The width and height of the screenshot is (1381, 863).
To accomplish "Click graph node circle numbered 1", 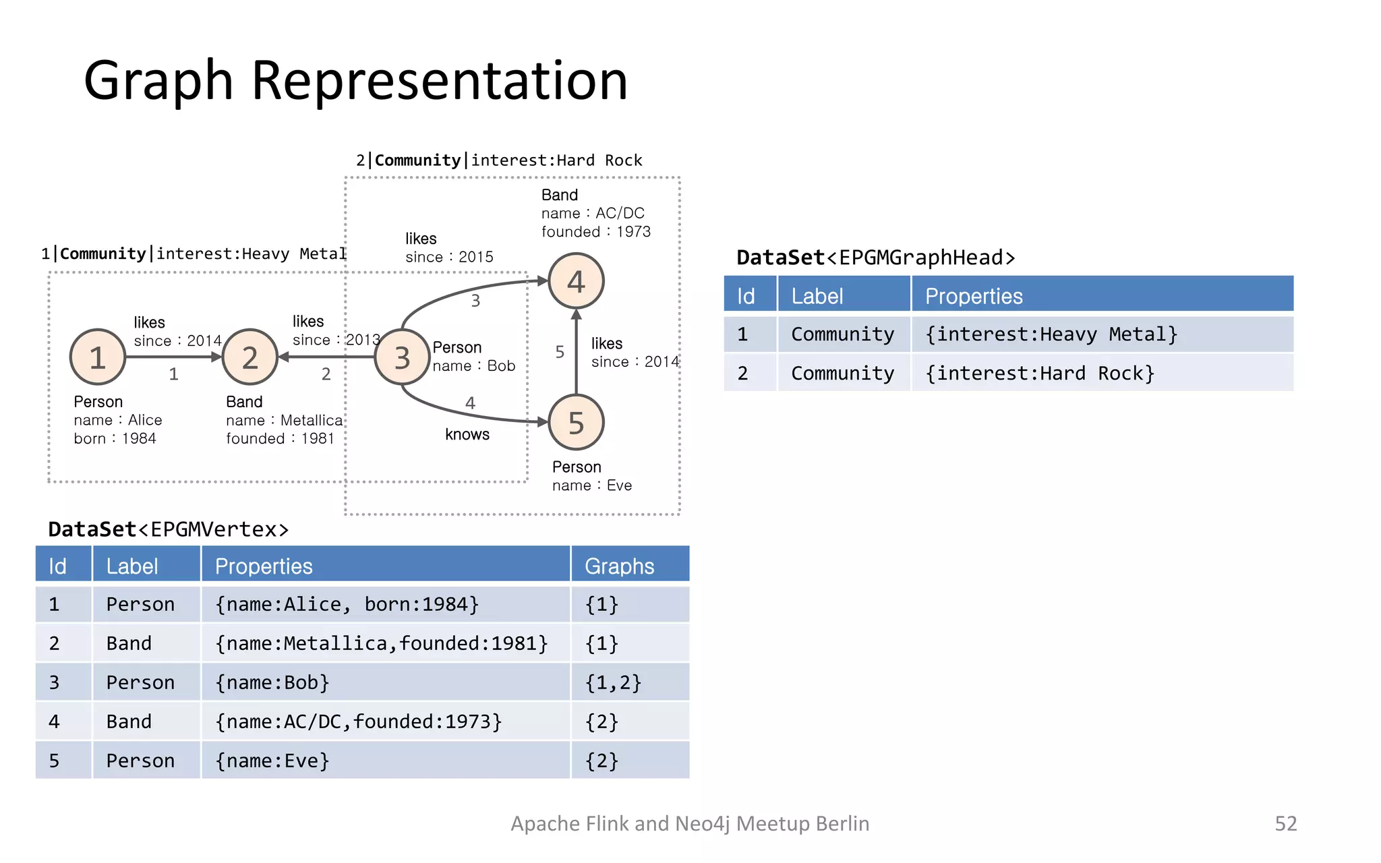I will [x=98, y=357].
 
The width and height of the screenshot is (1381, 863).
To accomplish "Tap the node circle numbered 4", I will [x=576, y=281].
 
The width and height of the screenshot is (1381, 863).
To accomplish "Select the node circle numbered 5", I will [x=576, y=423].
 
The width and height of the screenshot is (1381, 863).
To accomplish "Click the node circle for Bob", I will [x=403, y=357].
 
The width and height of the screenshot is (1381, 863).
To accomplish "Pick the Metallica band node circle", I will [x=250, y=357].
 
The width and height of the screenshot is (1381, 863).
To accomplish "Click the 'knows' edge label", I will [x=467, y=434].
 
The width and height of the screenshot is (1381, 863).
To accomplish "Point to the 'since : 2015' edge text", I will [x=449, y=257].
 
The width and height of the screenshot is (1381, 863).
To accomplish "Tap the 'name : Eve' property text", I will [x=591, y=485].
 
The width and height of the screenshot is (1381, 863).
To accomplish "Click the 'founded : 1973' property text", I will [x=595, y=232].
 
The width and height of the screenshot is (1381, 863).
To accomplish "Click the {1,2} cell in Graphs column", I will [x=612, y=682].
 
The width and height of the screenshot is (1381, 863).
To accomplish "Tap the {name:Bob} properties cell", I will [x=272, y=682].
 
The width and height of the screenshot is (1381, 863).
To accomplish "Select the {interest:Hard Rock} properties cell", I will [x=1039, y=373].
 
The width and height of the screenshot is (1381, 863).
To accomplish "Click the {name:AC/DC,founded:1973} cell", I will [x=358, y=721].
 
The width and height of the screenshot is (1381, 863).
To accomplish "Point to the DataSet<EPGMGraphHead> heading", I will [x=875, y=258].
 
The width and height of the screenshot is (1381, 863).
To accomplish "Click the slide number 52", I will [x=1285, y=823].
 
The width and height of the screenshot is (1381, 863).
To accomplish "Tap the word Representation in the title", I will [x=440, y=81].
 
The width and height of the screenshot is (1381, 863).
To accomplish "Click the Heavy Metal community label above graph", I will [x=194, y=254].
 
